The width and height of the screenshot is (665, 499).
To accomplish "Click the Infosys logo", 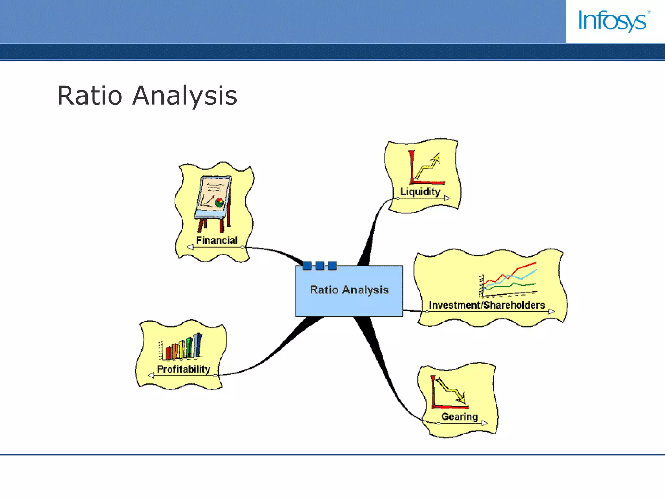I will (613, 21).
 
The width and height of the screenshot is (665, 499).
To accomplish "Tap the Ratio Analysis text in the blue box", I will (349, 289).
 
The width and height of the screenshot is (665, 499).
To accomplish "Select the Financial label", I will (217, 240).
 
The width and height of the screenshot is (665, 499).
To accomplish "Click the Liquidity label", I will (420, 191).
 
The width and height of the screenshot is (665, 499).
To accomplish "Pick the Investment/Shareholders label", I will (486, 305).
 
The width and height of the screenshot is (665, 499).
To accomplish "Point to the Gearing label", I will (459, 416).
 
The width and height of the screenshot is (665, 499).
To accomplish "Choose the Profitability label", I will (183, 369).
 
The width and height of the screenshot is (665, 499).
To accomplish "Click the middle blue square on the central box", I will (320, 266).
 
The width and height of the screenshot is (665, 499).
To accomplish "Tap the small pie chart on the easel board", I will (220, 202).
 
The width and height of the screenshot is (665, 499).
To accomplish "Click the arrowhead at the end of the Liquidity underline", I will (447, 198).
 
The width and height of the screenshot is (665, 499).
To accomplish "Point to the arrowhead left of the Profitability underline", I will (151, 376).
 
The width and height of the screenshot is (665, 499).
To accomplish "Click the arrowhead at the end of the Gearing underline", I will (484, 423).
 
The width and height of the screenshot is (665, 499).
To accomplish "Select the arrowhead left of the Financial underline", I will (190, 247).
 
